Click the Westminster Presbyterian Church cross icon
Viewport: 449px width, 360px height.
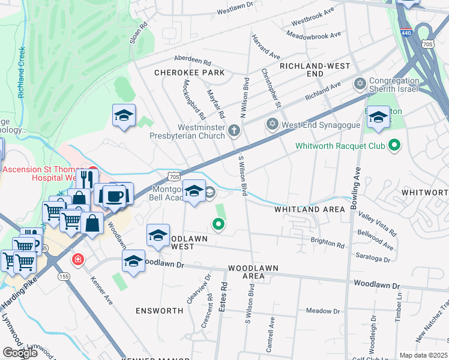pos(234,130)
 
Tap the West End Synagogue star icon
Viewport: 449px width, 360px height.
pos(272,124)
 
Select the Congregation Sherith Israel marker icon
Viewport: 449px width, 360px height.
pos(360,83)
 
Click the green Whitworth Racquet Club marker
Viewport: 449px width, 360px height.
pos(394,145)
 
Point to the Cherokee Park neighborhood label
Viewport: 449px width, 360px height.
pos(189,73)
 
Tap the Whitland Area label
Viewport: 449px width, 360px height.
pos(310,209)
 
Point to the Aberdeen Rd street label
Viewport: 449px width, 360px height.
pos(192,61)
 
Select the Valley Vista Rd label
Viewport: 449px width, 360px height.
pos(378,223)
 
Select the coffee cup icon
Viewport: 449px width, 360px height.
pos(113,196)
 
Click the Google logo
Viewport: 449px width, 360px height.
pos(20,353)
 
